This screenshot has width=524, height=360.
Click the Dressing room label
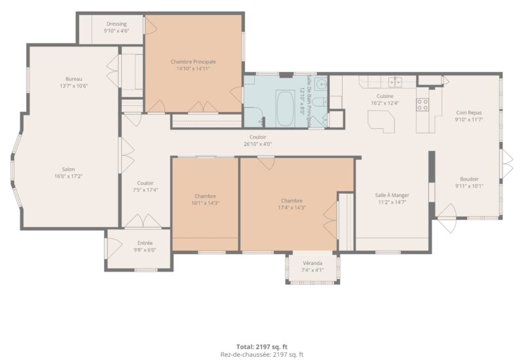point(117,24)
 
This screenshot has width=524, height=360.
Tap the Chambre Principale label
point(193,62)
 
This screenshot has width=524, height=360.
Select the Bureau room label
point(74,79)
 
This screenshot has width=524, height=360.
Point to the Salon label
point(68,170)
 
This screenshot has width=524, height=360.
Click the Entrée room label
point(145,243)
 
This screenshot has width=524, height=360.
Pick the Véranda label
point(312,263)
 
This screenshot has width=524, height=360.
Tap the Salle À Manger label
point(392,195)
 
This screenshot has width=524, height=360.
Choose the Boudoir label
point(469,179)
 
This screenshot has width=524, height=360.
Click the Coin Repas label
point(469,113)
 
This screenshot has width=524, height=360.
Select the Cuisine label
point(385,96)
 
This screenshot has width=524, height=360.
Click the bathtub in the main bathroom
point(285,108)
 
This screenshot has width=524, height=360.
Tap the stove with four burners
point(422,104)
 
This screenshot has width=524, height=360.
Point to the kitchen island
point(381,122)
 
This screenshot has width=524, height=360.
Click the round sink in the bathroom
point(322,84)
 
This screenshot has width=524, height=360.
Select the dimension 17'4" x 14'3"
point(292,207)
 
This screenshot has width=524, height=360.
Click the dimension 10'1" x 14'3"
point(205,203)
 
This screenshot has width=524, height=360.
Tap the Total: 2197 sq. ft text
point(262,347)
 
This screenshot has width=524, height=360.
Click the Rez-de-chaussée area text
point(262,355)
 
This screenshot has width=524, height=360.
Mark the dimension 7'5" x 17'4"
point(145,190)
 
